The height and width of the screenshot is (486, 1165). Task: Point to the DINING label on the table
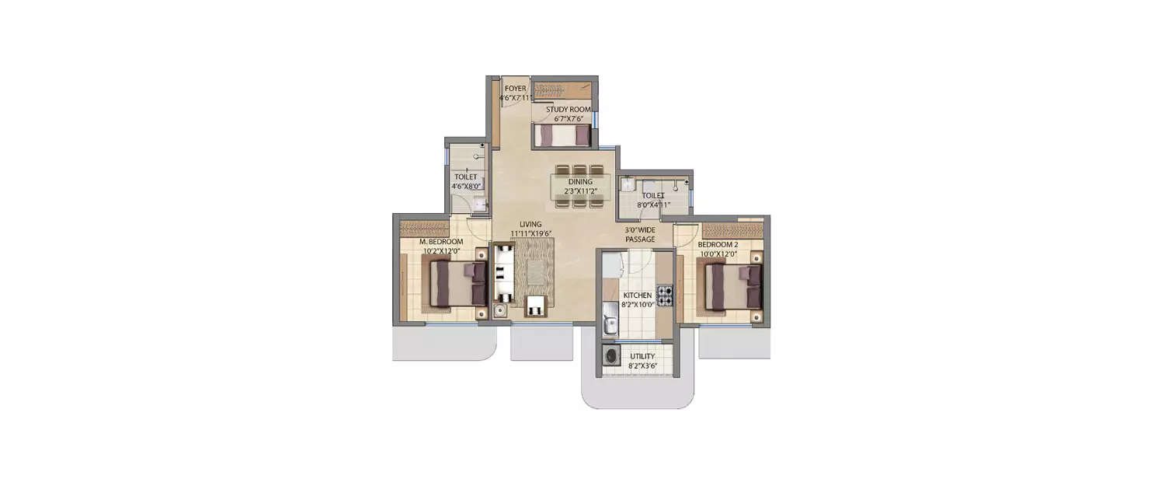(580, 182)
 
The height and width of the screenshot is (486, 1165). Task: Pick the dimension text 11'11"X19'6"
(531, 233)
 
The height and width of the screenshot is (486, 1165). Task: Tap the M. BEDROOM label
(441, 242)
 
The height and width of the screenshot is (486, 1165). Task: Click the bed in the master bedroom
(457, 283)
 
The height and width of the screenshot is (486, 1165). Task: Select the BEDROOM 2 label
(718, 244)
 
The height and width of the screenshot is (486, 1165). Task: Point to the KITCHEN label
(637, 295)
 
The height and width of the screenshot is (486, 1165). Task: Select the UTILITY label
(642, 356)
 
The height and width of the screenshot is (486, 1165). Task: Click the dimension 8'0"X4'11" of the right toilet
(653, 205)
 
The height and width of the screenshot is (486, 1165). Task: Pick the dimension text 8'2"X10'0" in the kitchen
(637, 305)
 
